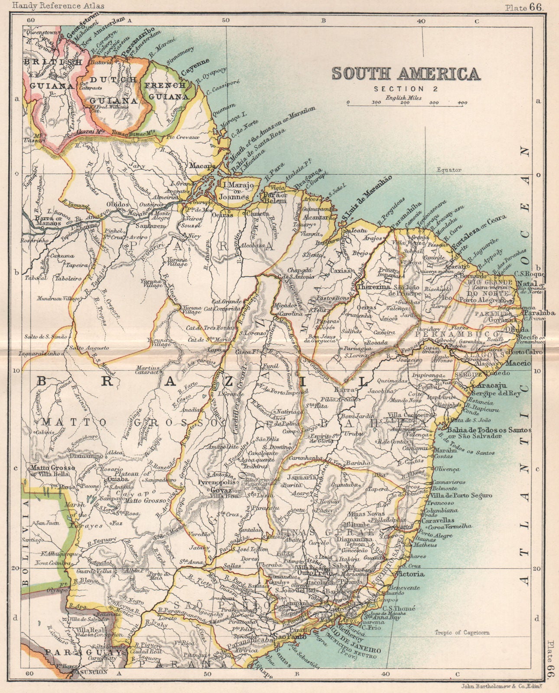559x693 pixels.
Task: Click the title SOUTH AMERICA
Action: pyautogui.click(x=406, y=74)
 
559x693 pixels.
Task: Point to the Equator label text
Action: pyautogui.click(x=449, y=169)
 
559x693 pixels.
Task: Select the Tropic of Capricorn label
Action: pyautogui.click(x=462, y=633)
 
